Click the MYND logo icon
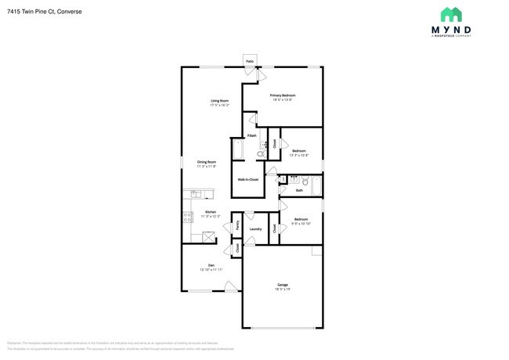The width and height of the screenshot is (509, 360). coord(451,14)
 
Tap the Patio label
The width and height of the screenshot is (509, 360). coord(250,60)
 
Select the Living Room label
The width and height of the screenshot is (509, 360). coord(219,100)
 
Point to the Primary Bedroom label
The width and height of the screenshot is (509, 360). coord(283,95)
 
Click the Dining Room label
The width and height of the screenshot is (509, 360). coord(207,162)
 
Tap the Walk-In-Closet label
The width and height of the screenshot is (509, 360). coord(248,179)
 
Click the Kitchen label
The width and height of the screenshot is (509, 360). coord(210,211)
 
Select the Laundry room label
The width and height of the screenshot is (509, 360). coord(255,229)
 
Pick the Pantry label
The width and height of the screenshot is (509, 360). coord(237,225)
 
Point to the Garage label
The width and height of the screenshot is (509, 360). coord(282,284)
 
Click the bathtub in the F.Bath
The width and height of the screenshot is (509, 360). coord(237,149)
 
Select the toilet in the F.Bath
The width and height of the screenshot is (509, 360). coord(260,154)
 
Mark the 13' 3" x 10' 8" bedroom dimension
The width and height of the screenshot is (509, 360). coord(299,155)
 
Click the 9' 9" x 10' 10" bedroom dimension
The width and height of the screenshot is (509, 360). coord(301,224)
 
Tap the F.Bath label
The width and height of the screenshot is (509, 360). coord(252,135)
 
